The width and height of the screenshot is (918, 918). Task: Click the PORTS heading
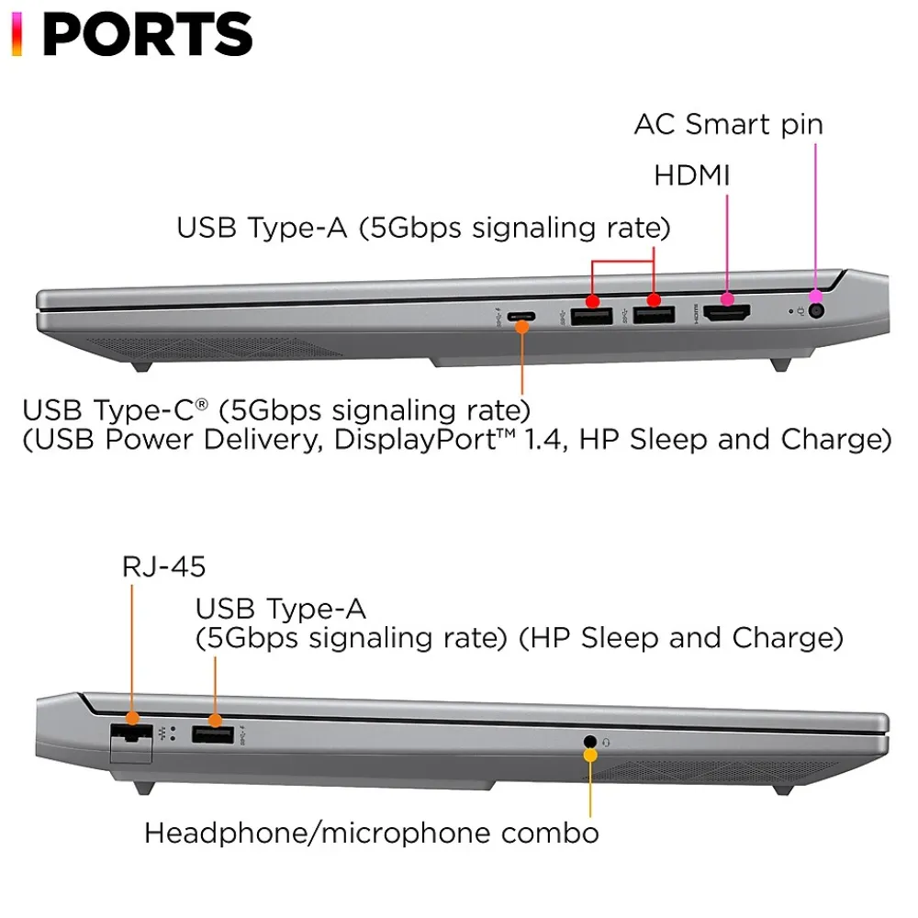[x=147, y=34]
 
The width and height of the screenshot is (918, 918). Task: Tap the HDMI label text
[x=691, y=175]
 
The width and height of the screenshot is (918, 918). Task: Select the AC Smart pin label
[x=728, y=124]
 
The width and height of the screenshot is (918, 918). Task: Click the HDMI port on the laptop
[x=727, y=315]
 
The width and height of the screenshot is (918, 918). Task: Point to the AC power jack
[x=816, y=311]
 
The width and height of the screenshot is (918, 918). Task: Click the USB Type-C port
[x=521, y=318]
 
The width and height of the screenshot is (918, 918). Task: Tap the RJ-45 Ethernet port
[x=131, y=733]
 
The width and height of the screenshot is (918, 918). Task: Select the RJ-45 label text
[x=163, y=566]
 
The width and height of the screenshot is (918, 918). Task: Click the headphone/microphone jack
[x=589, y=740]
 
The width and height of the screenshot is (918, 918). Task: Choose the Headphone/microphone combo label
[x=371, y=833]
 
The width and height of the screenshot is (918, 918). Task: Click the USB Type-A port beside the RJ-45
[x=212, y=733]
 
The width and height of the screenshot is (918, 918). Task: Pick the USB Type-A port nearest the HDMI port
[x=654, y=317]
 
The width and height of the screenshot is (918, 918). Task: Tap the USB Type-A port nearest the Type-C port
[x=592, y=317]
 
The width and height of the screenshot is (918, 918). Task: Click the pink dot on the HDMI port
[x=727, y=298]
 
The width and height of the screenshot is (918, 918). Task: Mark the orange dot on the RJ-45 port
[x=131, y=719]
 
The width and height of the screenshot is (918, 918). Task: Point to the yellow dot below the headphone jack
[x=590, y=756]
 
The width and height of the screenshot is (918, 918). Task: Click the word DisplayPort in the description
[x=404, y=439]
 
